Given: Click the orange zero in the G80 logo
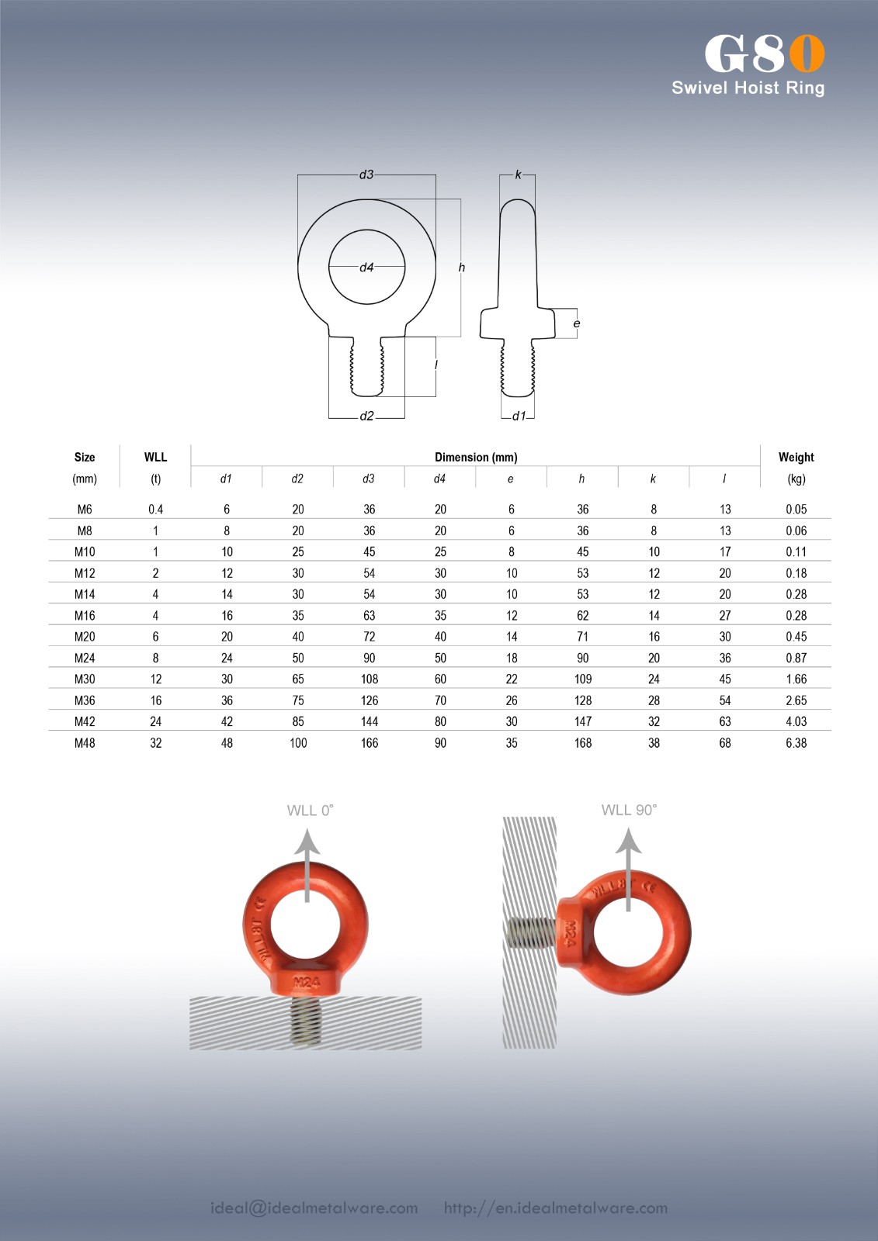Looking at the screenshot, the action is pos(807,54).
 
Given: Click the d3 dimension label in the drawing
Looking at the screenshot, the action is pos(366,175).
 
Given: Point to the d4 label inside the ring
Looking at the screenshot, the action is pos(366,268).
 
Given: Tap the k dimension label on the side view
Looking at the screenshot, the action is pos(518,175).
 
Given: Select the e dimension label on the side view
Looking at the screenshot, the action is pos(577,323).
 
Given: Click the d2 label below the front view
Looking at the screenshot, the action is pos(366,416).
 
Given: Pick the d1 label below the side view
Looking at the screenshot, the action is pos(519,416).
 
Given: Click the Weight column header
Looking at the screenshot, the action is pos(796,457).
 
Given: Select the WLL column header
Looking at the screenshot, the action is pos(155,457).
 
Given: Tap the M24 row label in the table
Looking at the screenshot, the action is pos(85,659).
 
